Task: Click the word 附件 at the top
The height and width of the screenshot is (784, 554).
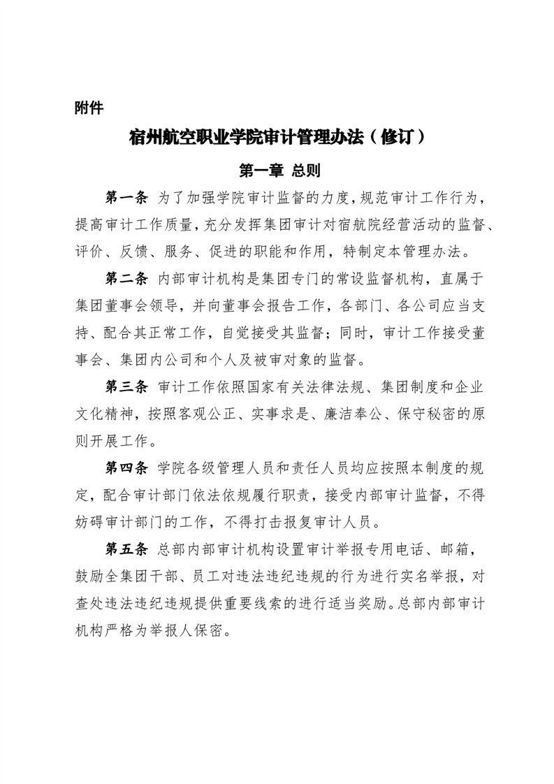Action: (89, 108)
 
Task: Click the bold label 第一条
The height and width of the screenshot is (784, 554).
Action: (126, 198)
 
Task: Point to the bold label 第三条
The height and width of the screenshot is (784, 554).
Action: (126, 386)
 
